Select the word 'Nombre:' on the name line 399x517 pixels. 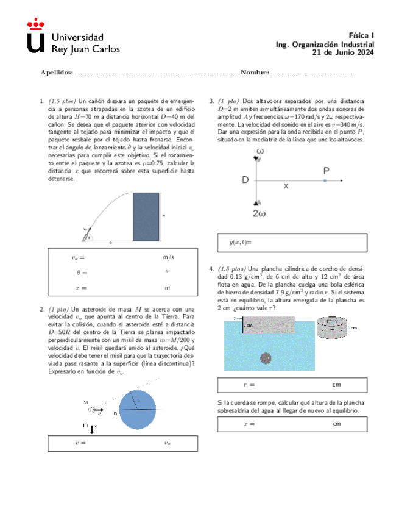pyautogui.click(x=255, y=73)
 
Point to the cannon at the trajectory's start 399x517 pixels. pyautogui.click(x=87, y=235)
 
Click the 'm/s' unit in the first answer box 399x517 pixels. pyautogui.click(x=169, y=258)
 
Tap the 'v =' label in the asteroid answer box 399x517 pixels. pyautogui.click(x=79, y=443)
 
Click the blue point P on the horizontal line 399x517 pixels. pyautogui.click(x=325, y=180)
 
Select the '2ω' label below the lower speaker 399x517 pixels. pyautogui.click(x=260, y=213)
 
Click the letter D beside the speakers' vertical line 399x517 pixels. pyautogui.click(x=245, y=180)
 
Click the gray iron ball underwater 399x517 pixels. pyautogui.click(x=266, y=358)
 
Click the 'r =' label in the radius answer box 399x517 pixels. pyautogui.click(x=248, y=385)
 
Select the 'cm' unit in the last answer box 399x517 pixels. pyautogui.click(x=336, y=424)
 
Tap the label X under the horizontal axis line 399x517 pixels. pyautogui.click(x=285, y=188)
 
